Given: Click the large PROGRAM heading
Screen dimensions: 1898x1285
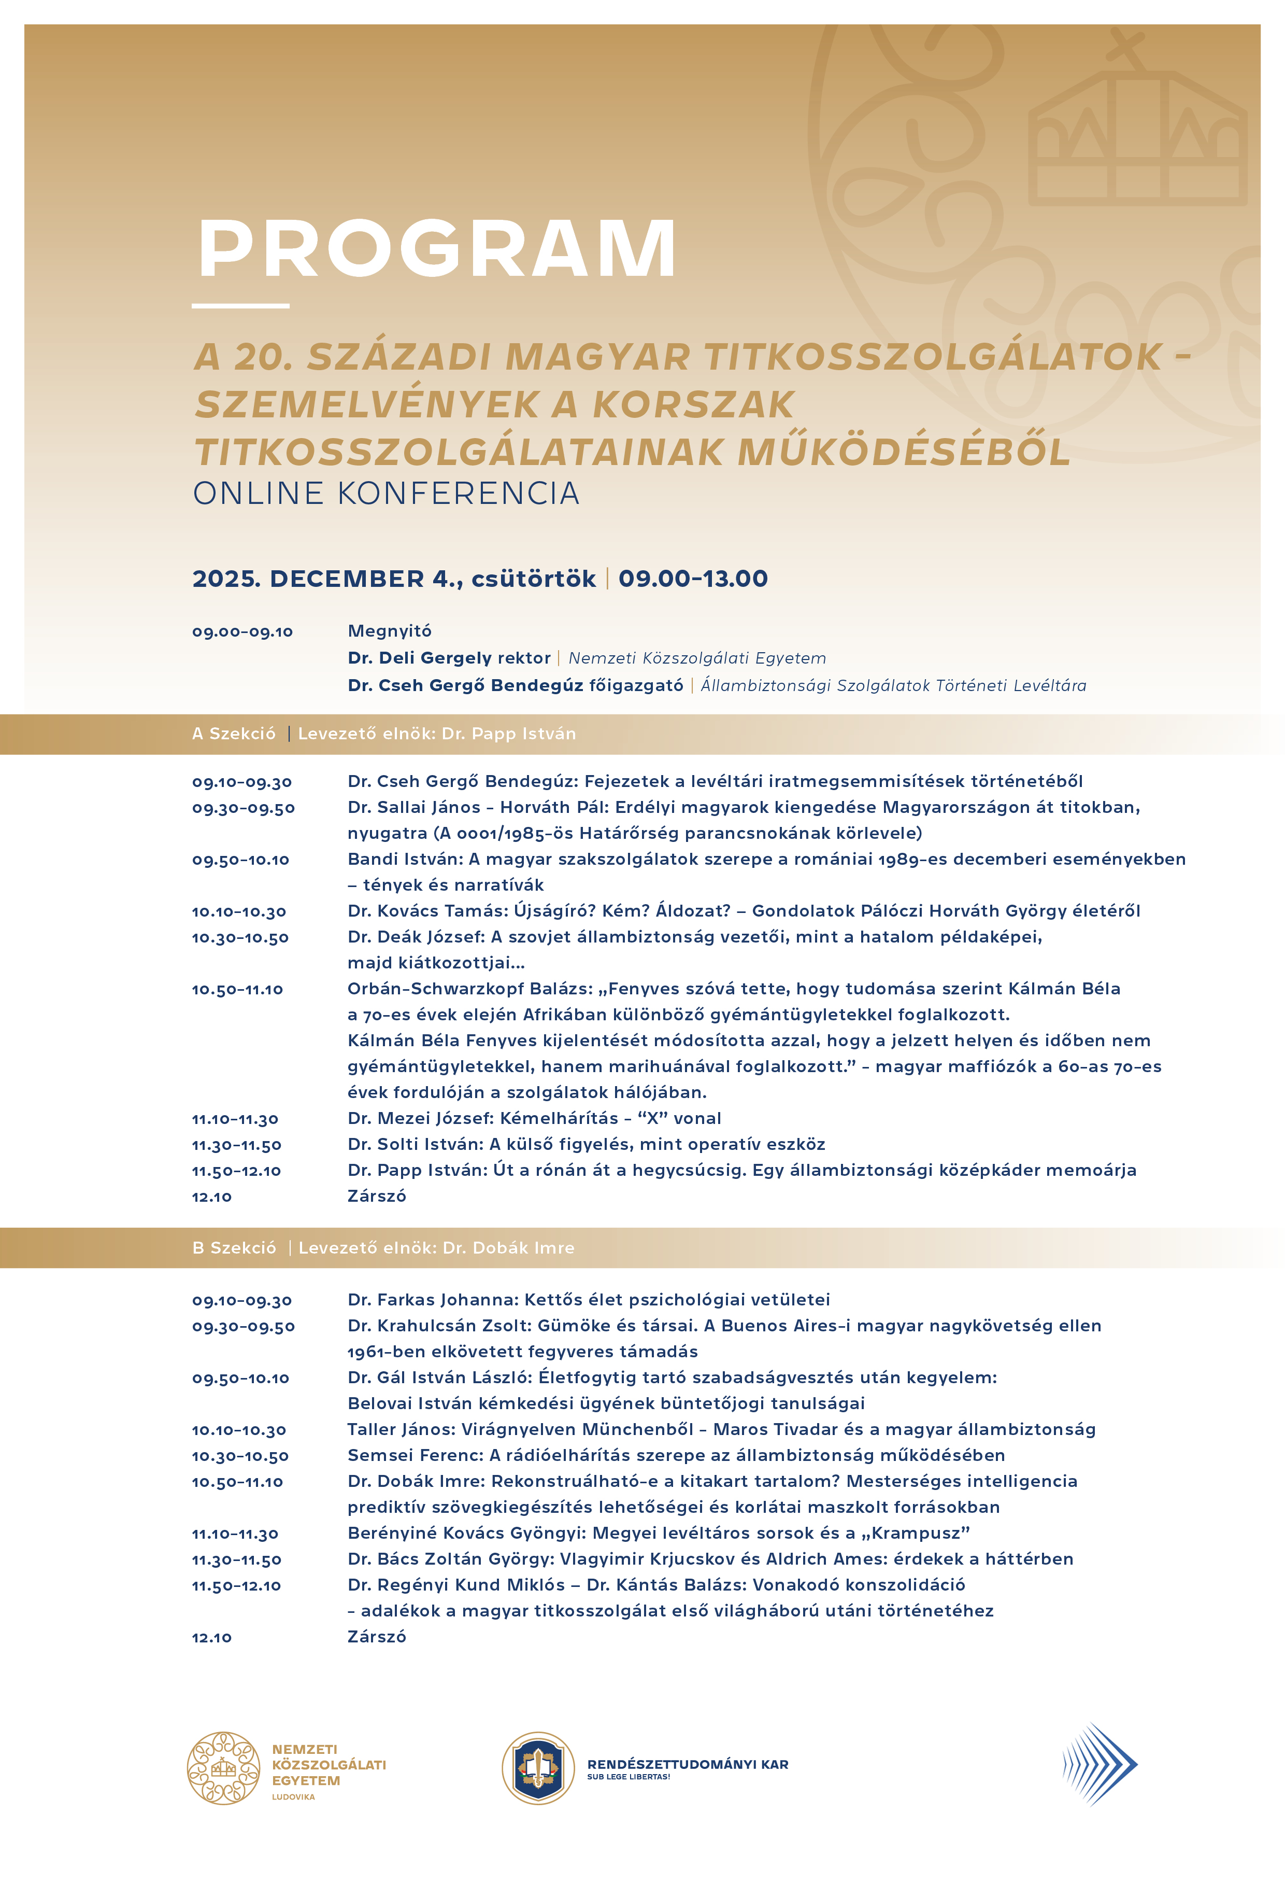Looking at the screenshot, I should (x=437, y=248).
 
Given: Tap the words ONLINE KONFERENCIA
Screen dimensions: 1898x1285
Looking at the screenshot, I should (x=386, y=493).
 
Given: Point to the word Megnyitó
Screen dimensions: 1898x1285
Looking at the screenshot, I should (x=390, y=630).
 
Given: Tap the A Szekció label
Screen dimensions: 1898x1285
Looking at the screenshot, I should (x=234, y=734).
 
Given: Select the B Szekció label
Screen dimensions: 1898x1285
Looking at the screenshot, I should (x=234, y=1248).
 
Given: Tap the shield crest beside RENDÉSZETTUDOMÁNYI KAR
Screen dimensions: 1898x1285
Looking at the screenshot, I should (x=538, y=1768).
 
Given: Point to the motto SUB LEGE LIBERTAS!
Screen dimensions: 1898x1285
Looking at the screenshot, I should (x=629, y=1777).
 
